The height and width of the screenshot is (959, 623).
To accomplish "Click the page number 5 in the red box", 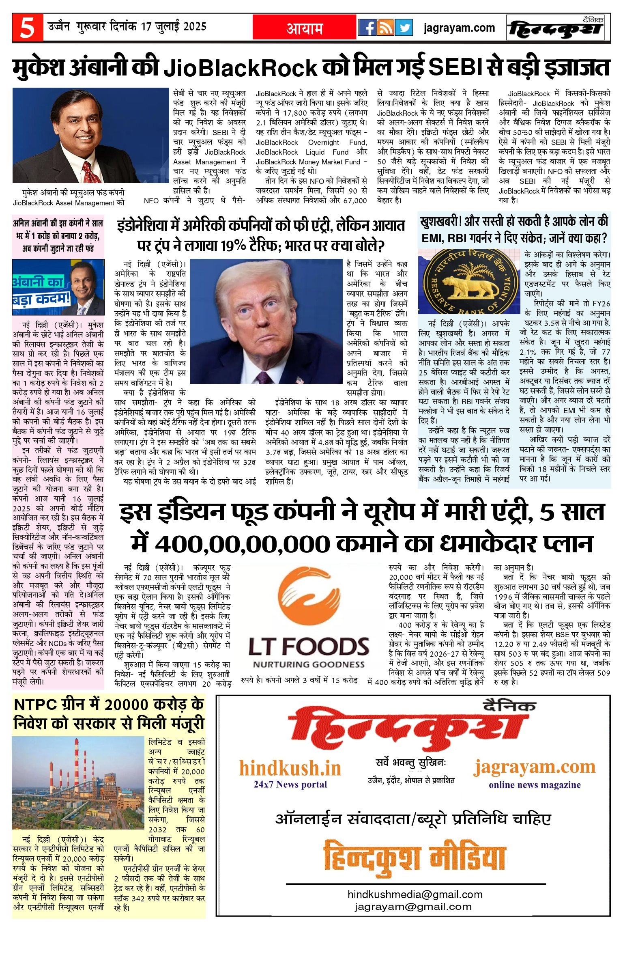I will click(x=28, y=28).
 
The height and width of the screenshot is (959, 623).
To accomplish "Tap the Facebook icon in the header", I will click(x=367, y=28).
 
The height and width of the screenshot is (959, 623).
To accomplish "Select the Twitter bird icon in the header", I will click(x=404, y=28).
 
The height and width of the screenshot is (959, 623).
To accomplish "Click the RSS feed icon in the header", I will click(x=385, y=28).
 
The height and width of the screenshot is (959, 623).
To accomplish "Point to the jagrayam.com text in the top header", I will click(x=459, y=28).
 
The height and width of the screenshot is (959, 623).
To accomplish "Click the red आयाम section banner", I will click(x=304, y=28).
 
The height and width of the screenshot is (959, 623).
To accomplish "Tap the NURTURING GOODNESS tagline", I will click(x=309, y=664).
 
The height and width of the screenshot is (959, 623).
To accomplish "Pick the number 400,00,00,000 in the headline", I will click(x=242, y=544).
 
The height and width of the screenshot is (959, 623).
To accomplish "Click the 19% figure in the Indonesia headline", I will click(x=239, y=246).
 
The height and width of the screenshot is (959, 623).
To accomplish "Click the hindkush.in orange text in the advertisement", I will click(x=290, y=768).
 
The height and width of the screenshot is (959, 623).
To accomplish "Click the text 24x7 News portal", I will click(x=290, y=784).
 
